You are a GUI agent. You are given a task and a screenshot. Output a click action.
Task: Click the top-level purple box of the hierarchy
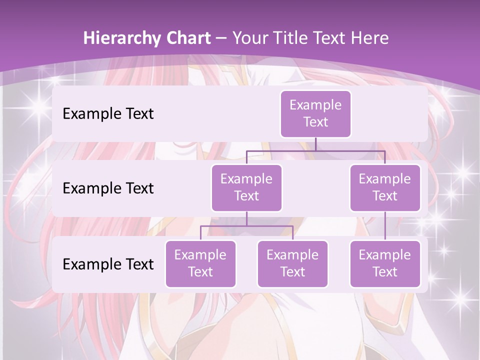(x=315, y=114)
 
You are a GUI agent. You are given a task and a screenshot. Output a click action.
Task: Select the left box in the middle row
(x=246, y=187)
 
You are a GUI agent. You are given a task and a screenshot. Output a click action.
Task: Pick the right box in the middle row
(x=385, y=187)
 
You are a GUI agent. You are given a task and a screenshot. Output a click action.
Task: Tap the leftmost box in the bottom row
(x=200, y=263)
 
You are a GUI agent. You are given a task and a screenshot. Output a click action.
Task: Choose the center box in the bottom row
(x=292, y=263)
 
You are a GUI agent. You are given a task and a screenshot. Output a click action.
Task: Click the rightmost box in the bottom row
(x=385, y=263)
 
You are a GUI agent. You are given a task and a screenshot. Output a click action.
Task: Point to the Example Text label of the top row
(x=108, y=114)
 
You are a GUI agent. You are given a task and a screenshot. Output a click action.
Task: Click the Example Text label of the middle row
(x=108, y=188)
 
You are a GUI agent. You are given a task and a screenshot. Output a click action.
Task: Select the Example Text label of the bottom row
(x=108, y=264)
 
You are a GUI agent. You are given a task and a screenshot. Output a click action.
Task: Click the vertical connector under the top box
(x=315, y=144)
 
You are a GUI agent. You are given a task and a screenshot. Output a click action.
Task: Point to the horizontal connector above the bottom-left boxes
(x=246, y=226)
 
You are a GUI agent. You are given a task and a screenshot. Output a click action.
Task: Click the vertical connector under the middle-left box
(x=246, y=218)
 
